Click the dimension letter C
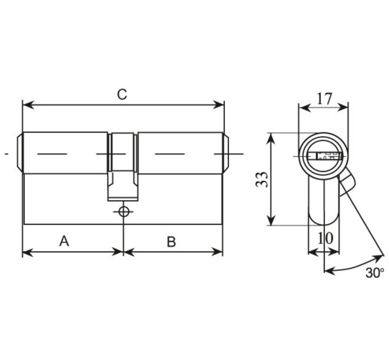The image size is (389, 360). tap(122, 94)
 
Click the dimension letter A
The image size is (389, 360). tap(64, 241)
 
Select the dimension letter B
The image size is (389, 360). tap(171, 242)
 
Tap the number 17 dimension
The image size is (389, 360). tap(324, 99)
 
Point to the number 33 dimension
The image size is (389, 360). tap(262, 179)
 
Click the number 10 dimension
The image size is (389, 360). tap(326, 238)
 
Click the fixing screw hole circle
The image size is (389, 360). tap(124, 211)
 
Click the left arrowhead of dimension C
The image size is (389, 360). tap(28, 105)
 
